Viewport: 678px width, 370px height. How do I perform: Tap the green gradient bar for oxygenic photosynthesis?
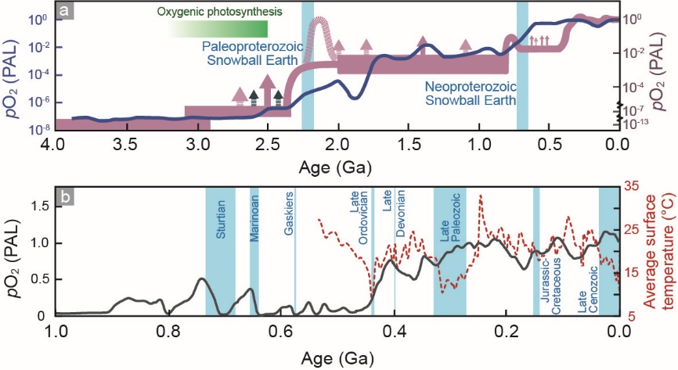coord(219,29)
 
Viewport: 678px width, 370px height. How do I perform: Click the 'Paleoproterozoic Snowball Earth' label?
coord(251,52)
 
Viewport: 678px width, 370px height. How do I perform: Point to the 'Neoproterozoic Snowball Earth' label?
coord(470,92)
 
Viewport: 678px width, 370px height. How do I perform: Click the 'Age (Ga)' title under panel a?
coord(335,167)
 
